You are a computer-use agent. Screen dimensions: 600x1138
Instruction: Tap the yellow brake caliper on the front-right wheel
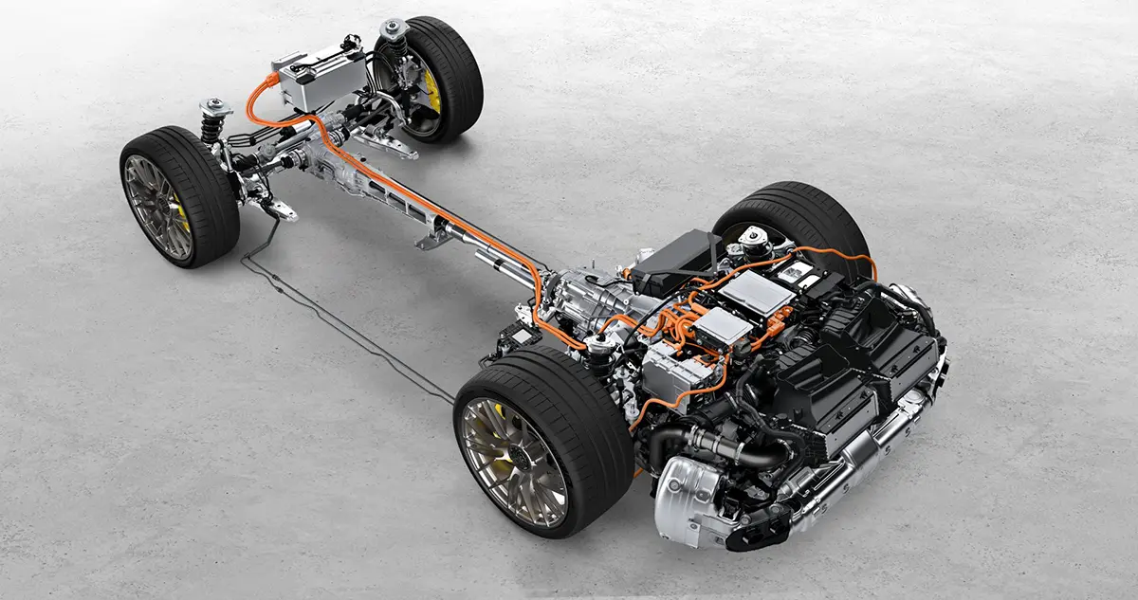click(432, 90)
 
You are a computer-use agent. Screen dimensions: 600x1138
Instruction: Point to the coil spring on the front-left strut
click(211, 129)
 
